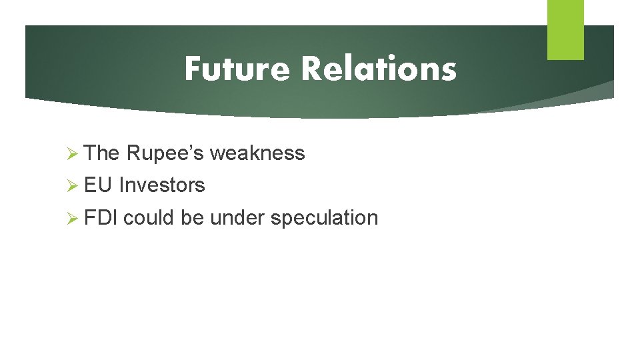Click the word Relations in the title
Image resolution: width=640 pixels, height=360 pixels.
pos(379,69)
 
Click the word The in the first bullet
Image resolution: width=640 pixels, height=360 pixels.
pos(102,153)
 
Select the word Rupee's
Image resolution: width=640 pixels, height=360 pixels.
pos(165,153)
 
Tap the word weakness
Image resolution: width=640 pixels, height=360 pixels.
pos(257,153)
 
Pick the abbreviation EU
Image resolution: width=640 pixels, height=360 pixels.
pos(99,185)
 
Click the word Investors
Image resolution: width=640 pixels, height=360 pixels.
pos(162,185)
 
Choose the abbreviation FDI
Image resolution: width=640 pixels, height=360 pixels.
pos(101,217)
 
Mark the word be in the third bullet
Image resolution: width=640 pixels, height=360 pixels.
pos(192,217)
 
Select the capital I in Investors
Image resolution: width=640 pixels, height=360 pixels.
pos(122,185)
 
